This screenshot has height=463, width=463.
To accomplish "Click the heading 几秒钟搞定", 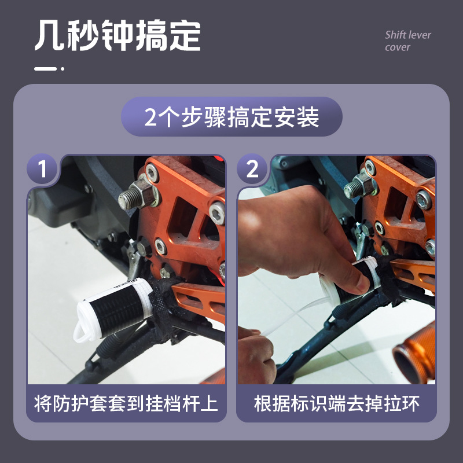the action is (118, 35).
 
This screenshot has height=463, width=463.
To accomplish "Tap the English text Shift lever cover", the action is (408, 41).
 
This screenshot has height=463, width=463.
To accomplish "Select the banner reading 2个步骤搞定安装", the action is (231, 117).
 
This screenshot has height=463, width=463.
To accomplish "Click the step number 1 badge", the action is (42, 169).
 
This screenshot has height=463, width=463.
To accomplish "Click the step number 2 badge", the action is (252, 169).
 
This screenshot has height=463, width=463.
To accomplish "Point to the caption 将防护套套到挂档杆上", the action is (126, 403).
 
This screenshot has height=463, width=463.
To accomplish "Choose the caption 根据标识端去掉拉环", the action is (337, 403).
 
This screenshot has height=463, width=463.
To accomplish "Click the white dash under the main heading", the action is (46, 69).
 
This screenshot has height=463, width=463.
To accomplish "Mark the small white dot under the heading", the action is (63, 69).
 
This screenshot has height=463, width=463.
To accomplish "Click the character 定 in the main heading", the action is (185, 35).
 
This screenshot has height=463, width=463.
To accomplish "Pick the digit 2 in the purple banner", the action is (150, 117).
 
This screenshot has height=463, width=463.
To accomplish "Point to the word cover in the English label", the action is (398, 47).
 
